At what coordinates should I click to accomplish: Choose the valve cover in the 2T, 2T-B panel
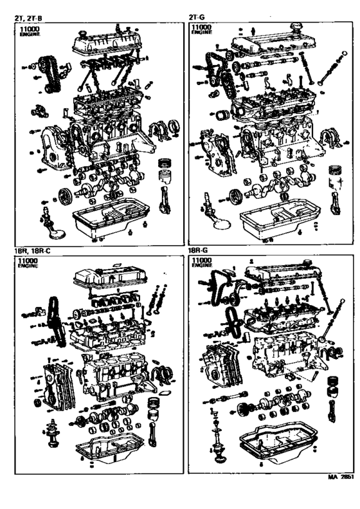(103, 42)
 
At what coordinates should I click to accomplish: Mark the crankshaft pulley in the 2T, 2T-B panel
(63, 196)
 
